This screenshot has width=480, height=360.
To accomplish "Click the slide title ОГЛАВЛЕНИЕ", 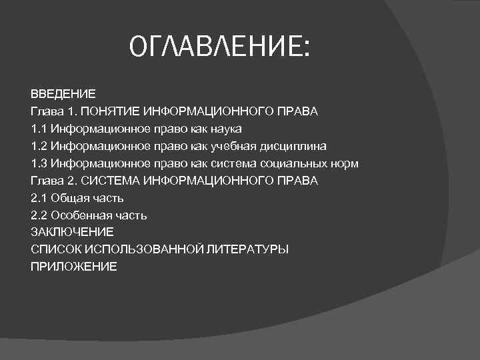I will tap(219, 47).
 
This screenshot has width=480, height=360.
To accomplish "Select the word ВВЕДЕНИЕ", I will tap(63, 93).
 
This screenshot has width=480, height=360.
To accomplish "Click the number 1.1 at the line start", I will tap(39, 128).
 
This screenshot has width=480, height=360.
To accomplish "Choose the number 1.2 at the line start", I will tap(39, 145).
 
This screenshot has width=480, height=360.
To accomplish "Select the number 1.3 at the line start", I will tap(39, 163).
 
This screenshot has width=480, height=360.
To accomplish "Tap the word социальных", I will tap(295, 163).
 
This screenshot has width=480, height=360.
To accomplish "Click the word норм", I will tap(344, 163).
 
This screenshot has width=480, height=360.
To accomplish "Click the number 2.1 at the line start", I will tap(39, 198).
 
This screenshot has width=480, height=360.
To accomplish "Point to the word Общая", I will tap(68, 198).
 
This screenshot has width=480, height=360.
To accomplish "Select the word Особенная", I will tap(79, 215).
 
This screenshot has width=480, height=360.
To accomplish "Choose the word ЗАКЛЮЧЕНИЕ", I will tap(73, 232).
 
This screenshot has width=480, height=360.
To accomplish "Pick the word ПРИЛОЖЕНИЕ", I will tap(73, 267).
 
